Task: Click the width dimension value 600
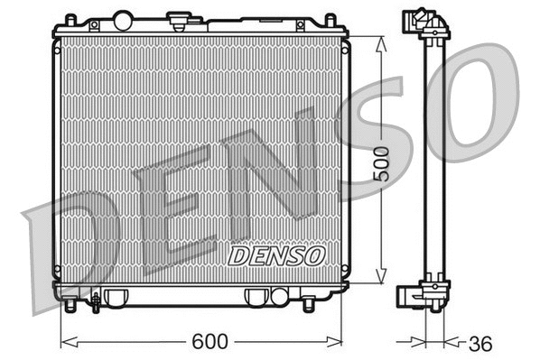[209, 342]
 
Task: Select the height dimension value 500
[382, 162]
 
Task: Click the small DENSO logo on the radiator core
[276, 255]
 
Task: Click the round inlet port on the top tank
[122, 18]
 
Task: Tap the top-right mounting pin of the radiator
[331, 19]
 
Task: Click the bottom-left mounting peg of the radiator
[70, 305]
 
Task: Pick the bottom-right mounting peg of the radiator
[308, 305]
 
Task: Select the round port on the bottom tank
[278, 296]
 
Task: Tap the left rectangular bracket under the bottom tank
[115, 297]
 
